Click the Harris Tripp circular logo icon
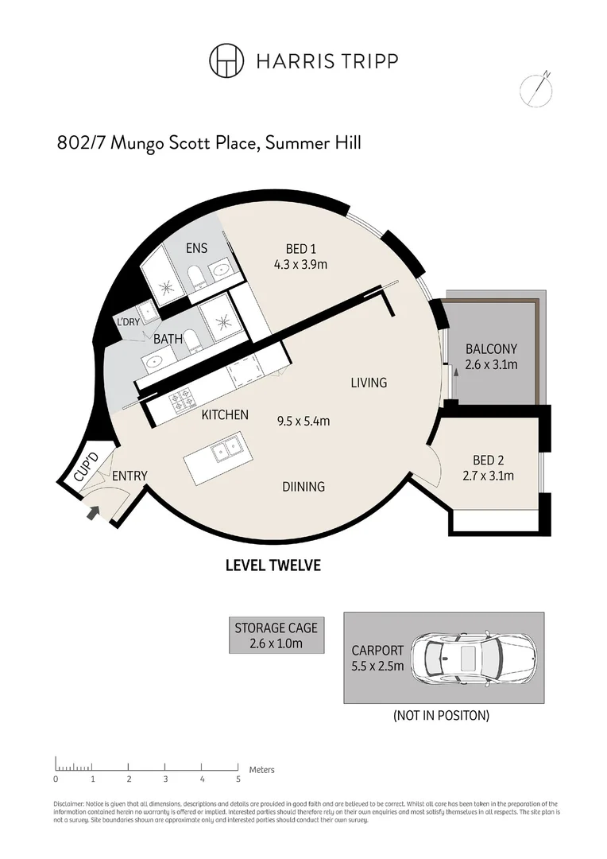tap(226, 60)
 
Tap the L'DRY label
tap(128, 322)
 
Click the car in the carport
tap(473, 657)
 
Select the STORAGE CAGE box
tap(276, 636)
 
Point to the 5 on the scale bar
tap(238, 779)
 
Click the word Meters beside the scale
tap(261, 769)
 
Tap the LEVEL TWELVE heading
tap(273, 566)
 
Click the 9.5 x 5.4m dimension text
tap(303, 421)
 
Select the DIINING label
tap(303, 486)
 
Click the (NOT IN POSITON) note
tap(441, 715)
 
